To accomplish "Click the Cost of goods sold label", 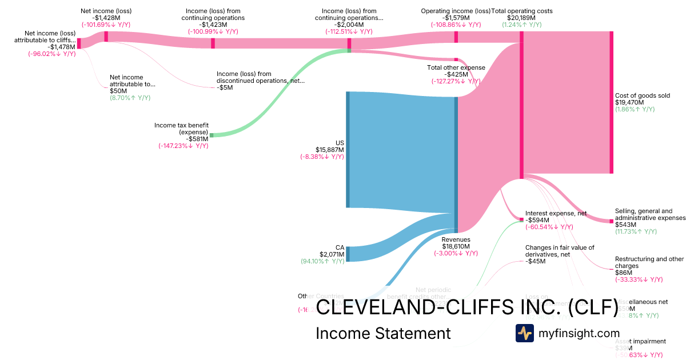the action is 642,96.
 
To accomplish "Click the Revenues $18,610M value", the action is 456,246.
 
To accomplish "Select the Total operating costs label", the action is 522,11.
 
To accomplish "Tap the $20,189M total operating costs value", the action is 521,18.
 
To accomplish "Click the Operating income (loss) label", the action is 456,11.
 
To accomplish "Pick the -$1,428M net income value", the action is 106,18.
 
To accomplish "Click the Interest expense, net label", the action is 556,213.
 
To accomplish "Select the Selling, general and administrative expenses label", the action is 649,214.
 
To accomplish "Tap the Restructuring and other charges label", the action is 649,262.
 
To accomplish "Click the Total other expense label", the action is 456,67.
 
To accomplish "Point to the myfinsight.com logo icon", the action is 524,333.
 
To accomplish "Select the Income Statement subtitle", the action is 383,333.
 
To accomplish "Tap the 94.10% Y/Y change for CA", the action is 322,261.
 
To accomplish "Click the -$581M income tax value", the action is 197,139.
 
